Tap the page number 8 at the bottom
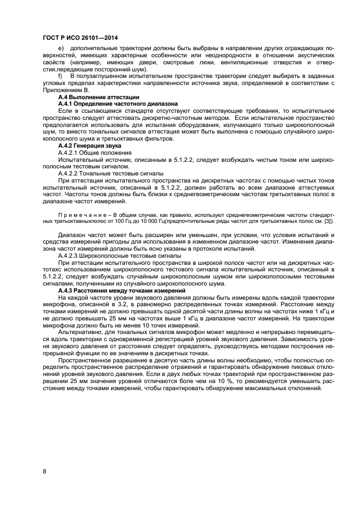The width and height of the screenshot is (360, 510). coord(44,471)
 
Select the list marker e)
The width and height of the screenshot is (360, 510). coord(60,48)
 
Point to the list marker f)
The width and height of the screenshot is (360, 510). coord(60,76)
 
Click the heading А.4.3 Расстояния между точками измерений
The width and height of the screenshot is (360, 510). coord(121,290)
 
